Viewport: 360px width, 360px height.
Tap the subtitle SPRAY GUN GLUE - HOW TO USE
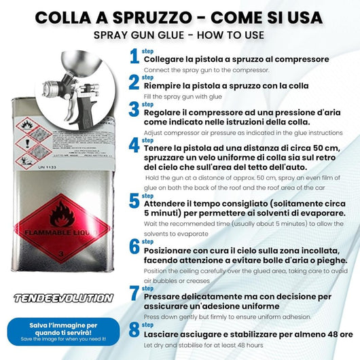pyautogui.click(x=179, y=34)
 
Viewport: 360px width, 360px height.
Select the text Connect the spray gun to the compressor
pyautogui.click(x=206, y=70)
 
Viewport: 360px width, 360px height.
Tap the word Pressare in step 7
pyautogui.click(x=166, y=296)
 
